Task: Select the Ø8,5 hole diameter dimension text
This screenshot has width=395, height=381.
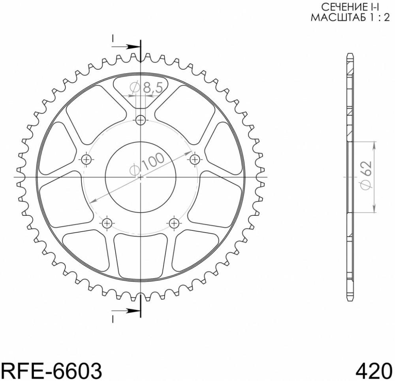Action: [x=146, y=88]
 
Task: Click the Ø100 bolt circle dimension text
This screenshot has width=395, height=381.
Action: [x=147, y=164]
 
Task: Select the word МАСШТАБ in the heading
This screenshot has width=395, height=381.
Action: [x=338, y=18]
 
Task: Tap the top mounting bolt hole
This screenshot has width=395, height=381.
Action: [x=141, y=120]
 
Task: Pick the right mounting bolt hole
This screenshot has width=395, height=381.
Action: [x=194, y=159]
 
